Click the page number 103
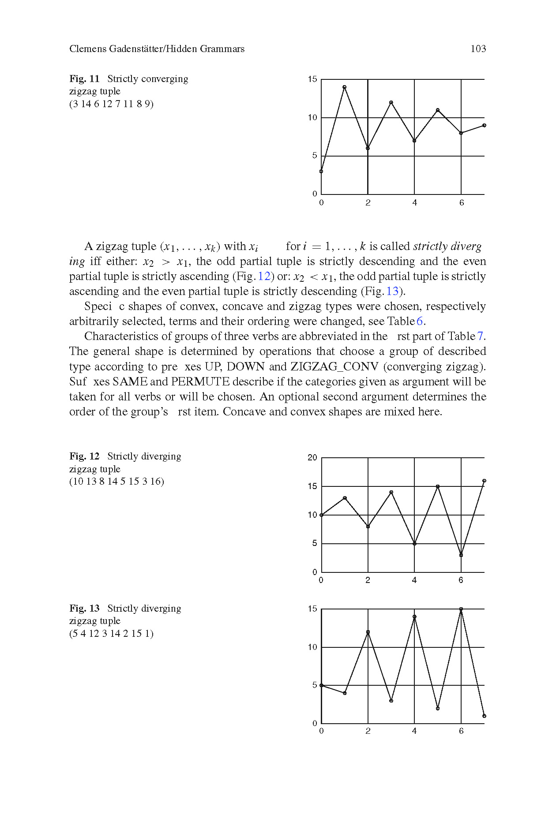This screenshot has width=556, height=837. [478, 49]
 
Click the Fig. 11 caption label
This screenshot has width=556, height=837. [84, 79]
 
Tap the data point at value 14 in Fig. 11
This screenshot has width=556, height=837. [345, 87]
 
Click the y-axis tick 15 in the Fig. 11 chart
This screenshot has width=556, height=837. [312, 79]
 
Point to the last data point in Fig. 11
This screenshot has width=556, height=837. [484, 125]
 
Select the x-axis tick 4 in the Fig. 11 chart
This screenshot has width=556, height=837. [414, 203]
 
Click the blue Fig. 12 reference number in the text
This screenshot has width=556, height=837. [264, 277]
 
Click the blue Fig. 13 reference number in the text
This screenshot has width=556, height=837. [392, 291]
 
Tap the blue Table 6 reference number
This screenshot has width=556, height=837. [420, 321]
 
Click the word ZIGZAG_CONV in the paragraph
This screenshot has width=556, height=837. [334, 367]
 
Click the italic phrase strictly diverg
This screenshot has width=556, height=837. [447, 247]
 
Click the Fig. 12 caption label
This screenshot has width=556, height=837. [84, 456]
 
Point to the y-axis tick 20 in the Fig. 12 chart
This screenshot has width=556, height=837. [312, 458]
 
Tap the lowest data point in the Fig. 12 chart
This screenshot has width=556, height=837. [461, 555]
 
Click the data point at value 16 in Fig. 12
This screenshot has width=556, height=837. [484, 481]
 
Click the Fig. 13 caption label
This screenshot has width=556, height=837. [84, 609]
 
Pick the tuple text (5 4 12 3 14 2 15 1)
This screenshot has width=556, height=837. [111, 634]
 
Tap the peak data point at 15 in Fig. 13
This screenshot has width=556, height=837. [461, 609]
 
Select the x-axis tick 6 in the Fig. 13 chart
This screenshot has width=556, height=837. [461, 731]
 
